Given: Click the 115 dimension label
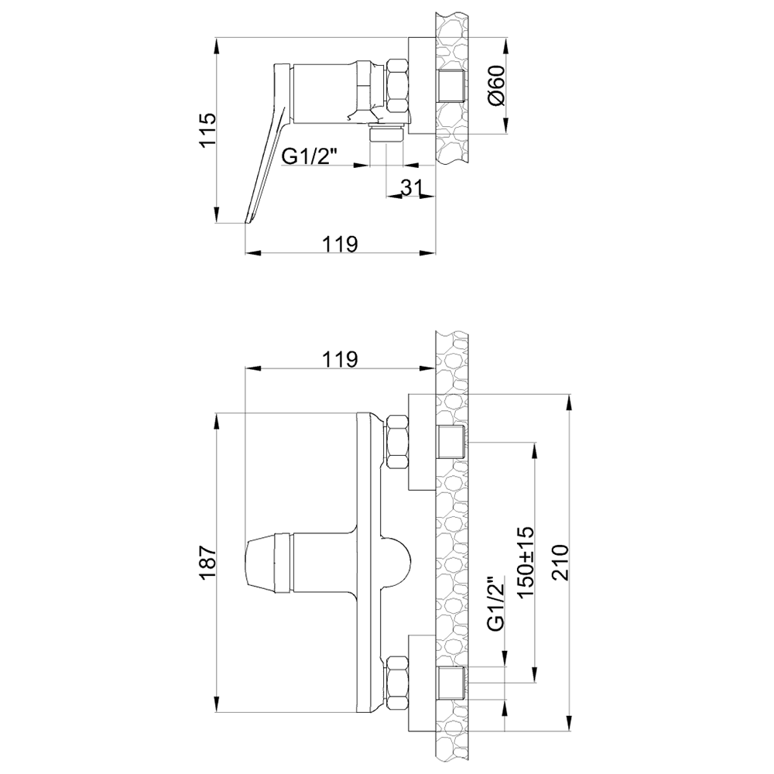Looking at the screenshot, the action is pyautogui.click(x=207, y=130).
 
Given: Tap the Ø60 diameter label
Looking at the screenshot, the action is pyautogui.click(x=497, y=85).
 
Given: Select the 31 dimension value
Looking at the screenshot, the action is pyautogui.click(x=412, y=187).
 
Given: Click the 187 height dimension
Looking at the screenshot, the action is pyautogui.click(x=207, y=562).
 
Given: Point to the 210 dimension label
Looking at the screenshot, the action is pyautogui.click(x=560, y=562).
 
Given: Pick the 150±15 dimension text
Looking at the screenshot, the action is pyautogui.click(x=526, y=562).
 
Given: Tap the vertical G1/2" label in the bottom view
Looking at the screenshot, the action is pyautogui.click(x=496, y=603).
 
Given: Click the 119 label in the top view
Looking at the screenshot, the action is pyautogui.click(x=340, y=244).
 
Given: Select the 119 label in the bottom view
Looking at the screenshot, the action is pyautogui.click(x=340, y=359).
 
